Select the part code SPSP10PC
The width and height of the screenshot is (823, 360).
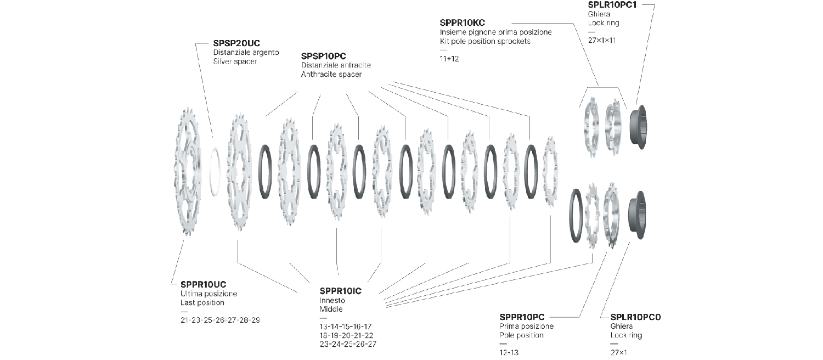[x=327, y=56]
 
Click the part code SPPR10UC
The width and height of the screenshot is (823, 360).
[x=203, y=284]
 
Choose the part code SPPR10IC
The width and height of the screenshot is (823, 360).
[x=340, y=290]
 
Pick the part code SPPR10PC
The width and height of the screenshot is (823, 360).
[x=522, y=317]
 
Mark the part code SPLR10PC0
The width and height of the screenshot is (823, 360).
[x=635, y=317]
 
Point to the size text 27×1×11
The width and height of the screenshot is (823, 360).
[x=602, y=40]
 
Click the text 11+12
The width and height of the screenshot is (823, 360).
[x=449, y=59]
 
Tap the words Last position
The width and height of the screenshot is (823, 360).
[x=202, y=303]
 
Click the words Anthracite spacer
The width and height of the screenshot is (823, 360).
[x=331, y=75]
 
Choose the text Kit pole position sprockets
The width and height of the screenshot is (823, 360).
[x=485, y=42]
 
